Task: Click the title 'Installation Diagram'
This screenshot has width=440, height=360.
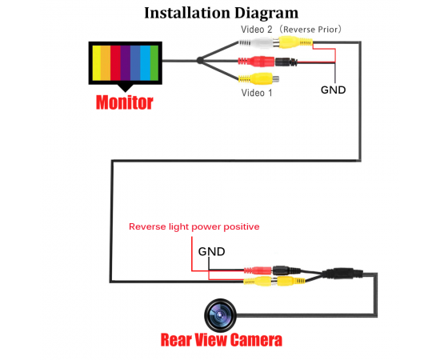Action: (221, 14)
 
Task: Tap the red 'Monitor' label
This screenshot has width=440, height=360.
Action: (125, 102)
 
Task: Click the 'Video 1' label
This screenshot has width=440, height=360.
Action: (257, 93)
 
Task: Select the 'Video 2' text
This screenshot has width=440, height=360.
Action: (257, 29)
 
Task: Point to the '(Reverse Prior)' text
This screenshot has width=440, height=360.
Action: (311, 29)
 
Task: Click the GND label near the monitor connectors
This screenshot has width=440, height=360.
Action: (333, 90)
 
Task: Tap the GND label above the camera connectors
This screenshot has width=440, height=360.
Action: (211, 251)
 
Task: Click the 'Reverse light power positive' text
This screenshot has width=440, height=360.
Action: (194, 226)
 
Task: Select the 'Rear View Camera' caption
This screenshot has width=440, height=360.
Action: (222, 340)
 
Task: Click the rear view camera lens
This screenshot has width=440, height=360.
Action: (220, 315)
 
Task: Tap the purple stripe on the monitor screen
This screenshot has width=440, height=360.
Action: (125, 63)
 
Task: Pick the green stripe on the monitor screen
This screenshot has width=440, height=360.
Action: (154, 63)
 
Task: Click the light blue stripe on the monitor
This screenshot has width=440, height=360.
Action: (145, 63)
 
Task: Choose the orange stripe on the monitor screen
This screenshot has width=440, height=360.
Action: (106, 63)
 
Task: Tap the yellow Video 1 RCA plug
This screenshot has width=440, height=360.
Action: (258, 78)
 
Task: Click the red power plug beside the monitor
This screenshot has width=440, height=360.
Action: (256, 62)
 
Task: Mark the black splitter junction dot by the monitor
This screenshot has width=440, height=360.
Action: (200, 60)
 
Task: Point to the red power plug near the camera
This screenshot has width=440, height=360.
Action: (258, 270)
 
